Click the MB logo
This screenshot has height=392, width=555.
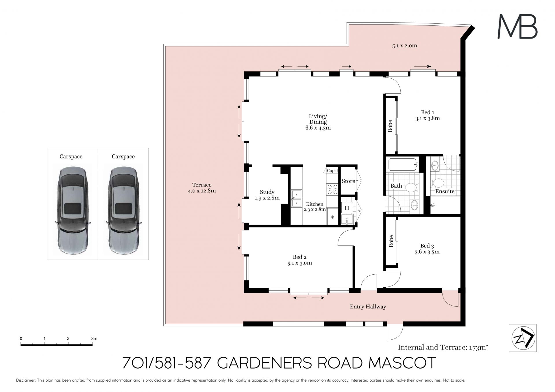[517, 27]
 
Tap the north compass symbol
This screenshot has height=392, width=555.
[523, 338]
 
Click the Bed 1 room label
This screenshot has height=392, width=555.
[428, 112]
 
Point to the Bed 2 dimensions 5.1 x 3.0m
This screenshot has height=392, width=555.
[300, 263]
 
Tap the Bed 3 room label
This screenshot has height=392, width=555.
[427, 246]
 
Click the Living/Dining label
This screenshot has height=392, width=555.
[318, 119]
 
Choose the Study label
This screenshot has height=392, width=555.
[267, 192]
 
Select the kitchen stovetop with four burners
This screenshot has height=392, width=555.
[332, 189]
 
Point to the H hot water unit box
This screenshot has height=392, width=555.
[347, 208]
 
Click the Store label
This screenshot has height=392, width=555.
[348, 181]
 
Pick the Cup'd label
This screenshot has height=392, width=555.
[332, 171]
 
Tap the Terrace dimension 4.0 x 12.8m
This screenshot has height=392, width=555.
[202, 191]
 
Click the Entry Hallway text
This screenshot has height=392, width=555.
[368, 307]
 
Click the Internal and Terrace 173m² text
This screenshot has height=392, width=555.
[443, 347]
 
